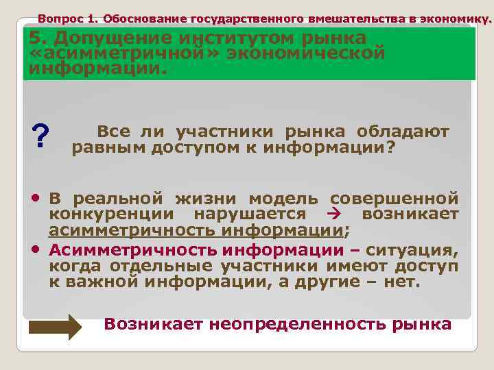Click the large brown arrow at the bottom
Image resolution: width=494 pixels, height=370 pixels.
coord(55,327)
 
